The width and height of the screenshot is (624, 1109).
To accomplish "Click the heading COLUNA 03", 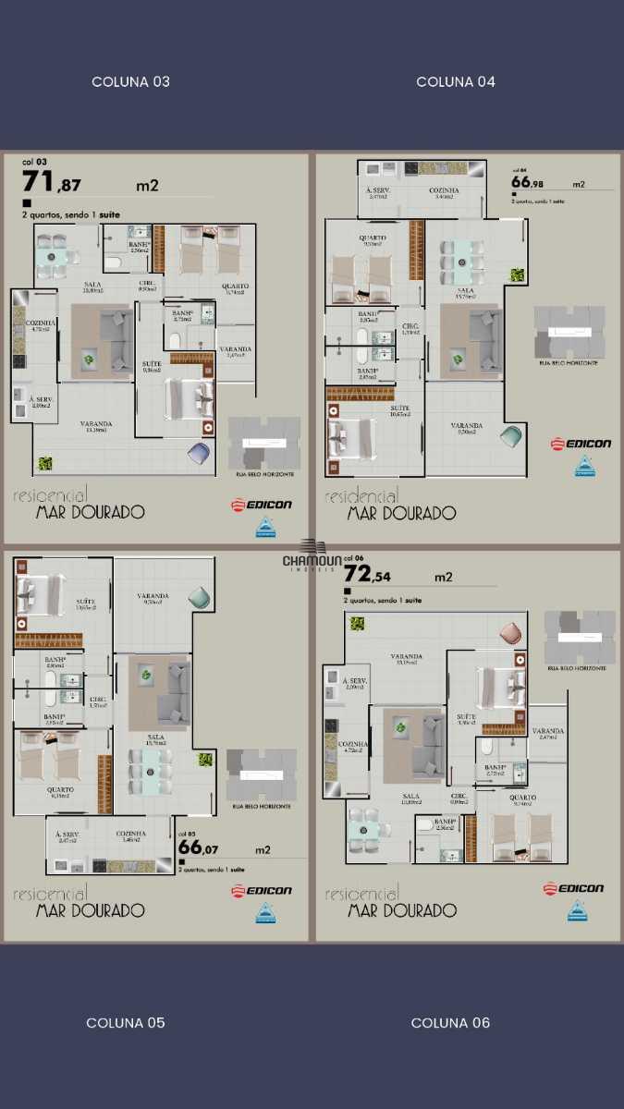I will coord(130,82).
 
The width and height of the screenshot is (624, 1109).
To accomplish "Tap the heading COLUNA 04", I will coord(456,82).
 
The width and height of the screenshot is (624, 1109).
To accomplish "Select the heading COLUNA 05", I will coord(126,1023).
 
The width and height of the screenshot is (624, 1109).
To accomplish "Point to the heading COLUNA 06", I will coord(450,1023).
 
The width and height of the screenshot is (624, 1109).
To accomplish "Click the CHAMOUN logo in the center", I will coord(312,560).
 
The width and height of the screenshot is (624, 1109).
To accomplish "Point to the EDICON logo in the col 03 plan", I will coord(262,505).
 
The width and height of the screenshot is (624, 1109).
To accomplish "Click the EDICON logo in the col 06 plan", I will coord(573,889).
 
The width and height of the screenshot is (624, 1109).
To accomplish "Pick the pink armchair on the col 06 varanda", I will coord(510,633).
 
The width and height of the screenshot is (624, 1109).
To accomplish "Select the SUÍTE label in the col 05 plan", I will coord(85,602).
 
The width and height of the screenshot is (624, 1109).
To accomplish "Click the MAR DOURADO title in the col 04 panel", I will coord(401,513).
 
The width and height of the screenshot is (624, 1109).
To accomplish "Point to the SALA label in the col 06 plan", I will coord(410,796).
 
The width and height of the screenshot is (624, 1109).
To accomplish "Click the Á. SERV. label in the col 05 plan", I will coord(67,834).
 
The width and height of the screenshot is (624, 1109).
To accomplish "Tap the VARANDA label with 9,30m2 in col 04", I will coord(466,426).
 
